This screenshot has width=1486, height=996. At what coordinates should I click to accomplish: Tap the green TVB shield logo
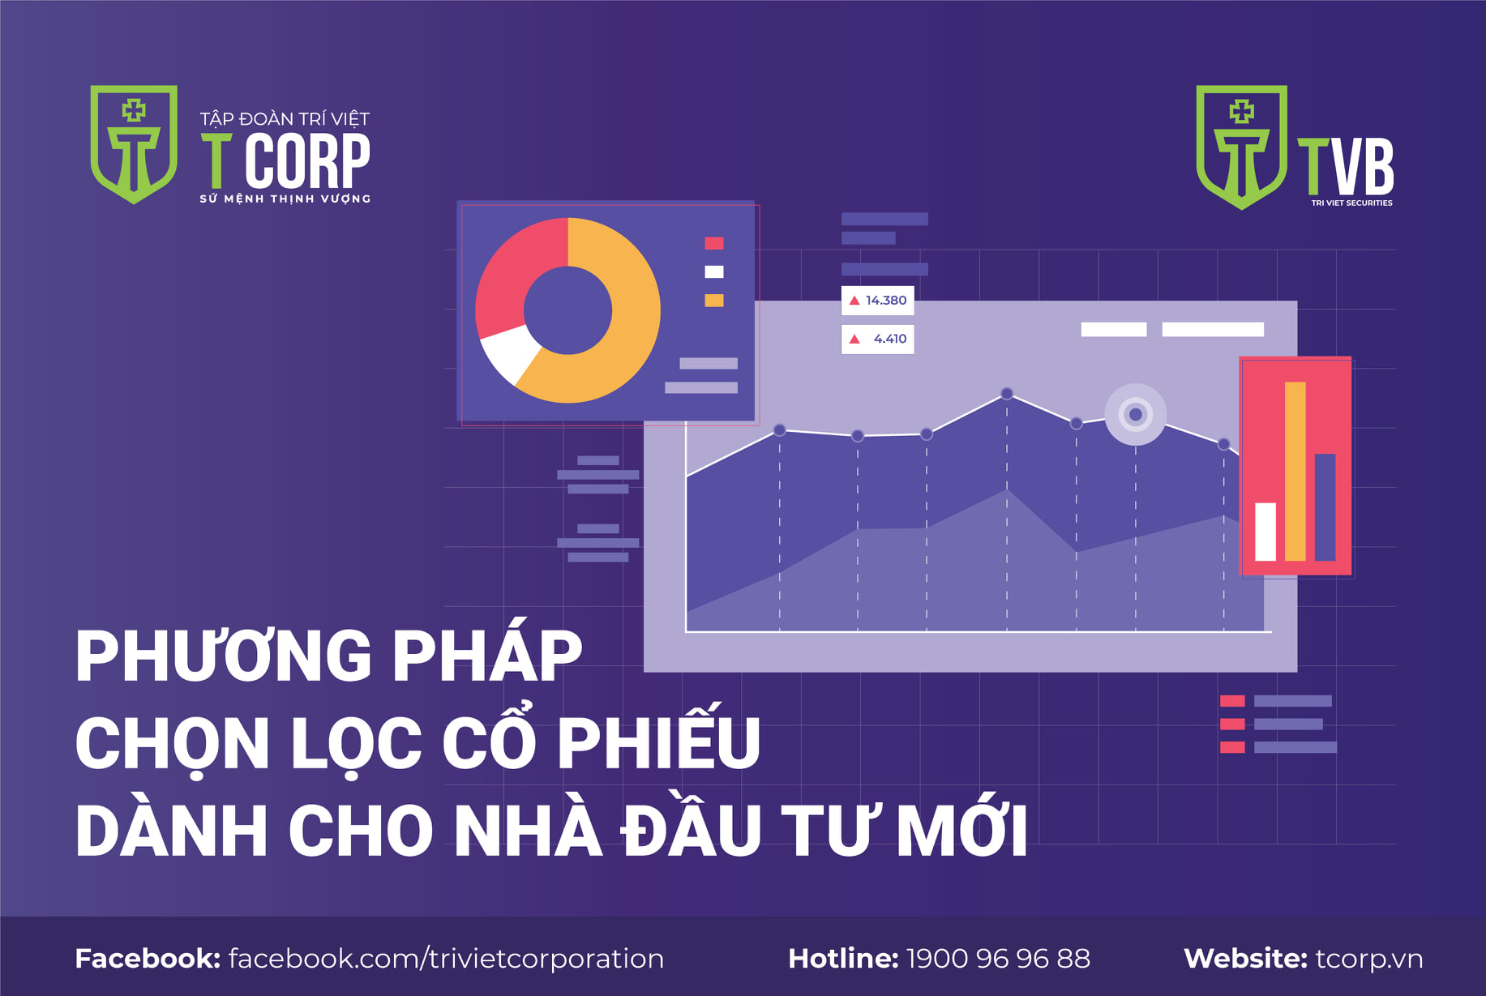[x=1241, y=147]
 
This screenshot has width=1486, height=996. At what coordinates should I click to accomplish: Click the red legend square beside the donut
[x=713, y=243]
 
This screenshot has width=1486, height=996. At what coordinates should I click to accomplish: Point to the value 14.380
[x=886, y=301]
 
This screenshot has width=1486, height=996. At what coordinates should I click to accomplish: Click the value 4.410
[x=890, y=339]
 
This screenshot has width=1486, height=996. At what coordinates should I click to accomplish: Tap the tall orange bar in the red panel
[x=1295, y=471]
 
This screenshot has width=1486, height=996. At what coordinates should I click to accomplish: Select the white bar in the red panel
[x=1265, y=532]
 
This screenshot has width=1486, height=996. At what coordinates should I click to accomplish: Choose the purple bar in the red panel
[x=1325, y=507]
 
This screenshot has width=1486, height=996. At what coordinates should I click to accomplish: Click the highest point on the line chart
[x=1007, y=394]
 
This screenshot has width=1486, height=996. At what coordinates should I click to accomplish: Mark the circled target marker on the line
[x=1136, y=414]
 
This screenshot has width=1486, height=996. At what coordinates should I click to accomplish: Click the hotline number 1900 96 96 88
[x=998, y=959]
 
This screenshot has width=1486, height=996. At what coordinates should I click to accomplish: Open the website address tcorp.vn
[x=1369, y=960]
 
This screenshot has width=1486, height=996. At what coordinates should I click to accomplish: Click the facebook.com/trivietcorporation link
[x=447, y=960]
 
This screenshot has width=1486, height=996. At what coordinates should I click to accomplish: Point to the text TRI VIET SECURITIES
[x=1352, y=203]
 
